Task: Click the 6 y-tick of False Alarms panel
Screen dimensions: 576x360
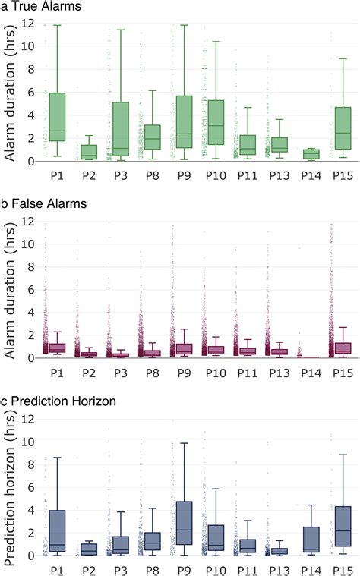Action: (x=30, y=289)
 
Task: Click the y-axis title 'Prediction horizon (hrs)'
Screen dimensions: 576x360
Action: (x=10, y=486)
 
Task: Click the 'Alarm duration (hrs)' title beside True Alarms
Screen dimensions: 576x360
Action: (x=10, y=93)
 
